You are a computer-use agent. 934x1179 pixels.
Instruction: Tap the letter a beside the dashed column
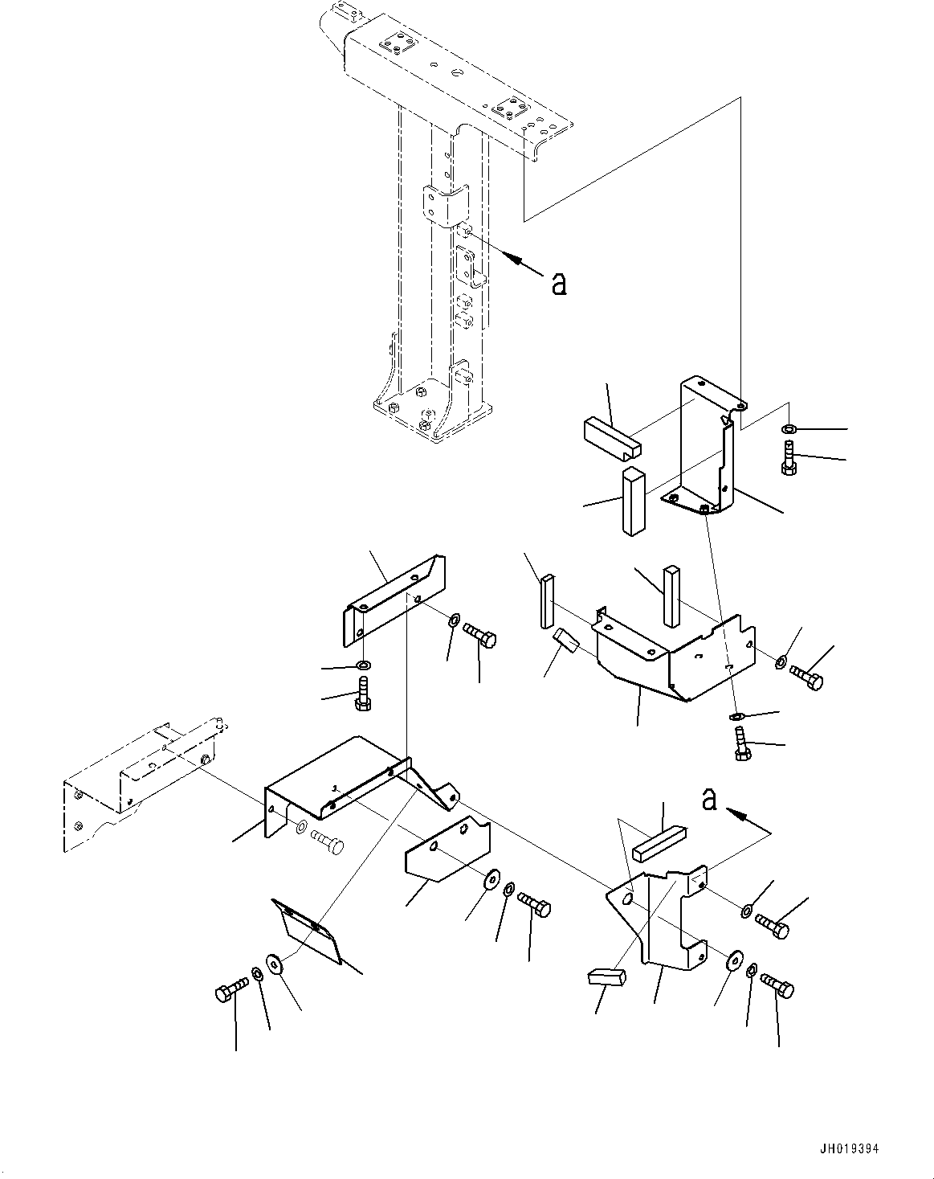click(x=559, y=282)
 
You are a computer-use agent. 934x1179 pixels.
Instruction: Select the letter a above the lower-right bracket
click(x=708, y=800)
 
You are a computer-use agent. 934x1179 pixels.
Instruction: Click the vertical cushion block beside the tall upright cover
click(x=633, y=501)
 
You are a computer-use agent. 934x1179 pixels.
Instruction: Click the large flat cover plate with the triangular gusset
click(x=337, y=784)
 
